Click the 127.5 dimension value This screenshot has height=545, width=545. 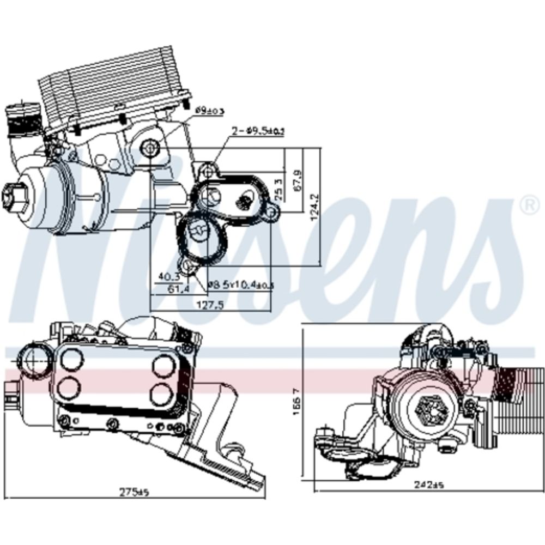(209, 305)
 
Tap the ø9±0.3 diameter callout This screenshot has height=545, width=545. (209, 111)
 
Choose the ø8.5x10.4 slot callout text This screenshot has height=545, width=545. (240, 284)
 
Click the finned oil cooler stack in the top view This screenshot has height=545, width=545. (112, 90)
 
